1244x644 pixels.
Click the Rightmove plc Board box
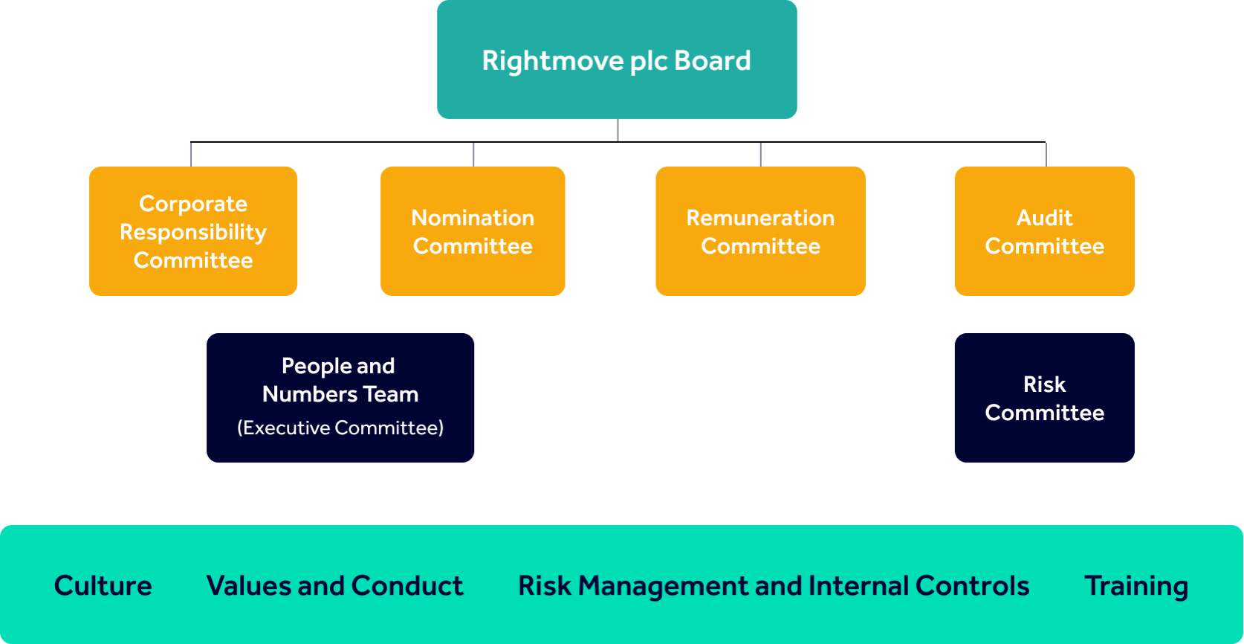[617, 59]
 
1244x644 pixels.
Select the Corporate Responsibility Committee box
[193, 231]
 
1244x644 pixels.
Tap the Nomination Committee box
[473, 231]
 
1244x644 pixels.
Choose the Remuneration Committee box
[760, 231]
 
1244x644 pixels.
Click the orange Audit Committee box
[1045, 231]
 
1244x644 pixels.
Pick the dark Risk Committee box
[1045, 398]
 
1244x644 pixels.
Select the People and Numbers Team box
[340, 398]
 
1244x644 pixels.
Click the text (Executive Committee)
[340, 428]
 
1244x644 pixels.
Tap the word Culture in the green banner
[103, 586]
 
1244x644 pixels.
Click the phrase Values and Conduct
[335, 586]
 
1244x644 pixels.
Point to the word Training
[1136, 587]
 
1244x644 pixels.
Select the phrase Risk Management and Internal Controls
[774, 586]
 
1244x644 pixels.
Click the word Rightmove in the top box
[552, 61]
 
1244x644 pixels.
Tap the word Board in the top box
[713, 60]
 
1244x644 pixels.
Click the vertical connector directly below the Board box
[618, 130]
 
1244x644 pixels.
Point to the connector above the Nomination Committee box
[473, 155]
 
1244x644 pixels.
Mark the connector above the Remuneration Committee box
[760, 155]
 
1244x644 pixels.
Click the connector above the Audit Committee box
[1046, 155]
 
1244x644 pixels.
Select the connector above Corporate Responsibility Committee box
[190, 155]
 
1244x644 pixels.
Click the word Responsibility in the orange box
[193, 233]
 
